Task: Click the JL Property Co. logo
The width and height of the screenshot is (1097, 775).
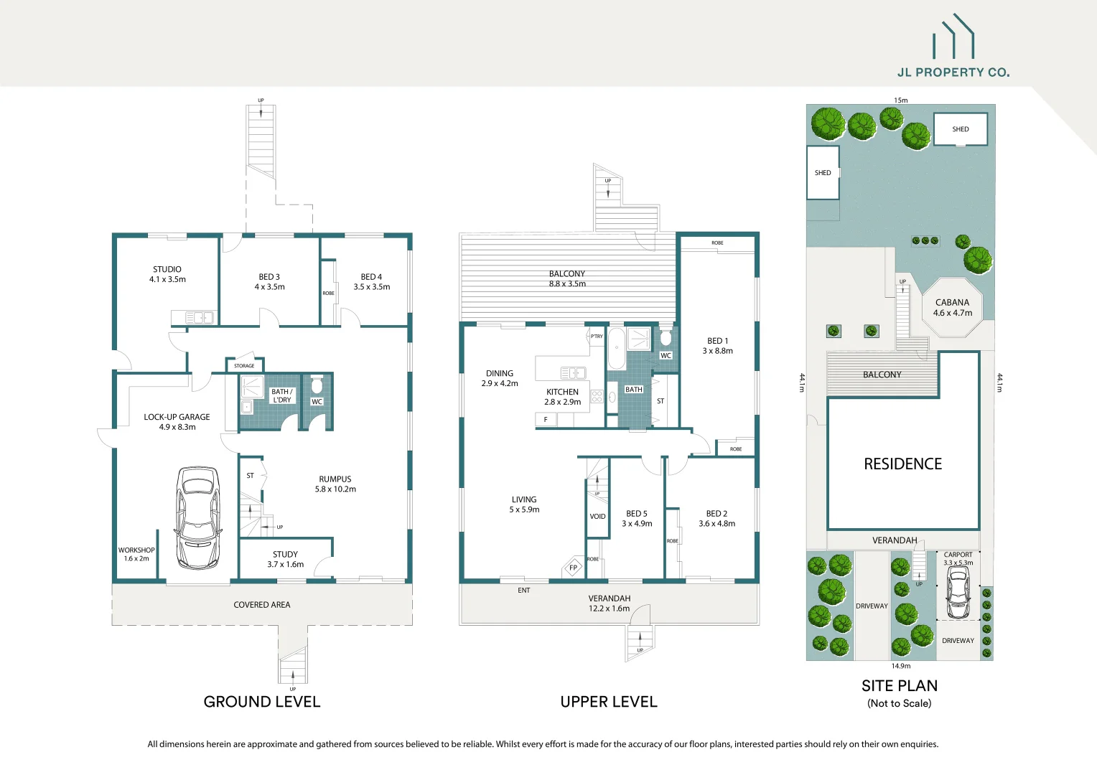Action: [953, 47]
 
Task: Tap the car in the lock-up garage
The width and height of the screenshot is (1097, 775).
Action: [197, 517]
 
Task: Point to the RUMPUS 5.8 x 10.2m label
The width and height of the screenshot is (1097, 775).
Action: [335, 484]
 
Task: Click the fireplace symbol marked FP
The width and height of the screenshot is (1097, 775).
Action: [573, 568]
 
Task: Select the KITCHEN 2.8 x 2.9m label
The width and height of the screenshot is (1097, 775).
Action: [562, 397]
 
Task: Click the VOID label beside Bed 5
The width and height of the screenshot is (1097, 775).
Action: [597, 516]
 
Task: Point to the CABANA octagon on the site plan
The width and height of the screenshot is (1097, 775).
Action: [952, 308]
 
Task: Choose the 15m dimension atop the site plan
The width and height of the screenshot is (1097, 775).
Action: [900, 100]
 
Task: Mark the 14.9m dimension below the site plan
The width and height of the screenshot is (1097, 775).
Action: [900, 666]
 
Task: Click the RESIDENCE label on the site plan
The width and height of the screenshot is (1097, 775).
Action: [902, 464]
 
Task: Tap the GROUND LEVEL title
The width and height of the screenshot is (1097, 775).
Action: [262, 702]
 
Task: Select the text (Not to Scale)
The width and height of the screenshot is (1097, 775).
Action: [899, 703]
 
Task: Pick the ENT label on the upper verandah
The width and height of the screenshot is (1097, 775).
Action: [524, 591]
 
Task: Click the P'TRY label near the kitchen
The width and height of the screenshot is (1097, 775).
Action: [597, 336]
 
